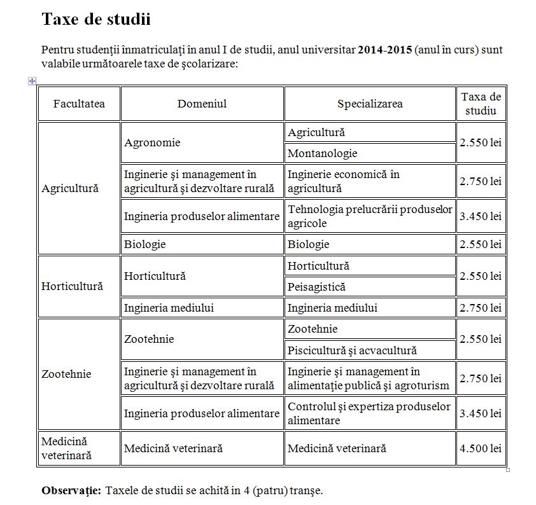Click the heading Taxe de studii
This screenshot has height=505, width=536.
click(96, 19)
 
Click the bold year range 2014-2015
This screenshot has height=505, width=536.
click(384, 50)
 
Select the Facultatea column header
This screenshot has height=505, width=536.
click(79, 104)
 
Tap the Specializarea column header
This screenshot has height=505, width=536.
click(370, 104)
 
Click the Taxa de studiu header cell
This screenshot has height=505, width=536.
click(481, 104)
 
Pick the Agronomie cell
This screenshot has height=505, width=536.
click(152, 142)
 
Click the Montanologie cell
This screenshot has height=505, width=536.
click(322, 153)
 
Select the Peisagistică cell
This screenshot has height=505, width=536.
click(316, 287)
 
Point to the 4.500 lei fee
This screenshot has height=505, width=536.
click(481, 448)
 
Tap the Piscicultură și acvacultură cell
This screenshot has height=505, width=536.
click(352, 350)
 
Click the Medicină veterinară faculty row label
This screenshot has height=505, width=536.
click(66, 448)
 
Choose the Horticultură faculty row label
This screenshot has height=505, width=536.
click(72, 286)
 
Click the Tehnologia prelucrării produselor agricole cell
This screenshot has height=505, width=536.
click(370, 216)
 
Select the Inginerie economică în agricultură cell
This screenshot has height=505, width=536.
click(344, 181)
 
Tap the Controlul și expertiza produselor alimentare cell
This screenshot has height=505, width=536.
click(369, 413)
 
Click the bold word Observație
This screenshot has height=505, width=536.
click(71, 490)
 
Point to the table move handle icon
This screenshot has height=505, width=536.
click(32, 81)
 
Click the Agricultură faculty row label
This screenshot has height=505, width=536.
click(70, 188)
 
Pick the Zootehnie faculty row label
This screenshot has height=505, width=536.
click(66, 374)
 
